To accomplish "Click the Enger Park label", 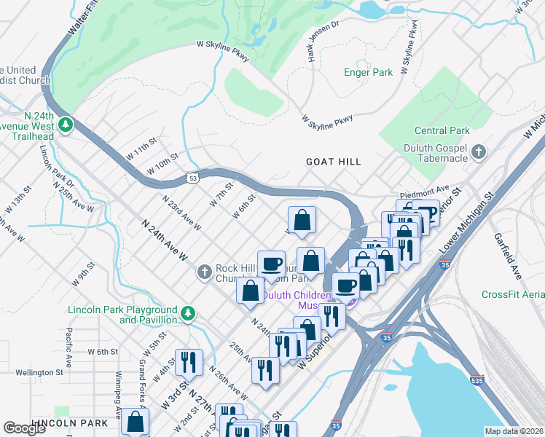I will tap(368, 72).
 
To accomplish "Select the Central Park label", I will tap(441, 131).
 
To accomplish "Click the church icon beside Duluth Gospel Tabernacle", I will tap(478, 151).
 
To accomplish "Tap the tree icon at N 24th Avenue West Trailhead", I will tap(66, 125).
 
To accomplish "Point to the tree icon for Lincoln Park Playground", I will tap(188, 313).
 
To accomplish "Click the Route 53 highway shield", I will tap(192, 177).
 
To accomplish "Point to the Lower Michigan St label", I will tap(466, 227).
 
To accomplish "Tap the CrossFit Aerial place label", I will tap(512, 294).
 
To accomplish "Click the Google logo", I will tap(25, 428).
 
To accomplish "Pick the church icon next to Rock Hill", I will tap(205, 272).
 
